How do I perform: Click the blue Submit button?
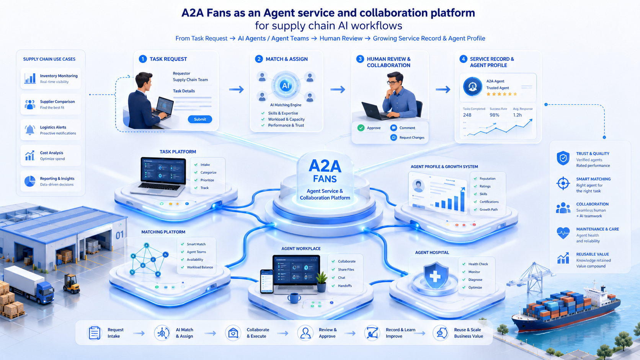[200, 119]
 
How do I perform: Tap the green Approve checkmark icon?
[361, 128]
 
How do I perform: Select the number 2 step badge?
[259, 59]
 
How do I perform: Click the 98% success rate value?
[494, 115]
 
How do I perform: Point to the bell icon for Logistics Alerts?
[30, 130]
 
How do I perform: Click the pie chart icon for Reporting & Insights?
[30, 181]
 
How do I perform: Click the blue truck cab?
[45, 293]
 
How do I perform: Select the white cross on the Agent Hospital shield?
[435, 276]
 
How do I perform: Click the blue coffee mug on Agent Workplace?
[294, 298]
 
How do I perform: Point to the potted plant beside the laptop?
[322, 282]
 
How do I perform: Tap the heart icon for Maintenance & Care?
[563, 233]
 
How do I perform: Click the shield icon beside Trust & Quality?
[563, 158]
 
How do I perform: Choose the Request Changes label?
[412, 138]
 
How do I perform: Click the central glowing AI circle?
[286, 85]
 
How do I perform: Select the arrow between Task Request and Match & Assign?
[236, 90]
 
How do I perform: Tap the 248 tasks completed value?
[467, 115]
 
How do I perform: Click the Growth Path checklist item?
[488, 210]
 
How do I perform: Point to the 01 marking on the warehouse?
[119, 235]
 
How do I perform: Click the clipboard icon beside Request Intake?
[94, 333]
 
